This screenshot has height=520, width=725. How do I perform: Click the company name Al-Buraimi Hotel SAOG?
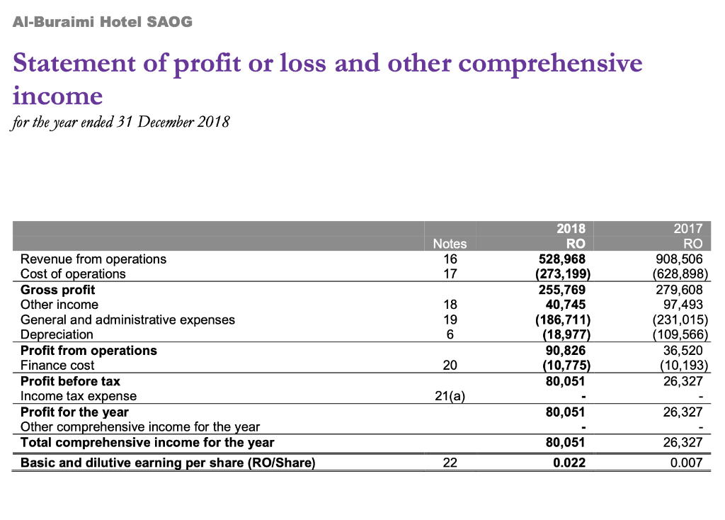(103, 22)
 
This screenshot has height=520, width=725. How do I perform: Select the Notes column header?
(450, 244)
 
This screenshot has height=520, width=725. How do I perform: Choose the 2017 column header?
(688, 229)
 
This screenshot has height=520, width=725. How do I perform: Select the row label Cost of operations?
(73, 274)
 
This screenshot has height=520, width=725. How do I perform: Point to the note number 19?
(450, 320)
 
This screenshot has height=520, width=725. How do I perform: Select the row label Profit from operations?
(89, 351)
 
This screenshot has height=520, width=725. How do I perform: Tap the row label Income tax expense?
(79, 397)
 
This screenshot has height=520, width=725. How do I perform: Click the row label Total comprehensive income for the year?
(147, 443)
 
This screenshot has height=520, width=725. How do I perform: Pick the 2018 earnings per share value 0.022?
(570, 463)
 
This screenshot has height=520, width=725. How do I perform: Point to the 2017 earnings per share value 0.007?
(687, 463)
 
